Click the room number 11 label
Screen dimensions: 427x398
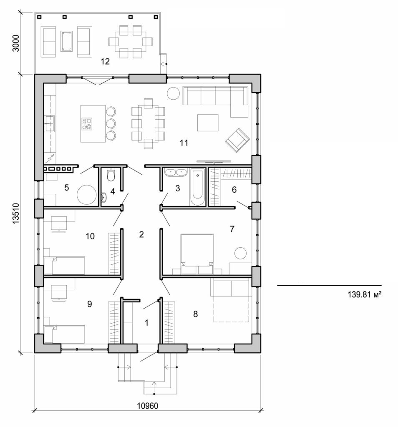[x=184, y=143]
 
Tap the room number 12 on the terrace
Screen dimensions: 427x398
[x=105, y=62]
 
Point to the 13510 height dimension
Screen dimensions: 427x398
[x=16, y=213]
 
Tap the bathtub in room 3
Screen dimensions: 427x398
[x=198, y=187]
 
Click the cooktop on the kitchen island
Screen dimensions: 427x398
[x=88, y=123]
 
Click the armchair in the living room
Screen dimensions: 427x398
[x=237, y=140]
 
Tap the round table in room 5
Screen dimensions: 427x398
[x=87, y=195]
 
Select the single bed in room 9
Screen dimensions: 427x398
[x=65, y=334]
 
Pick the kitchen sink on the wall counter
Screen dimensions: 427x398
[x=49, y=121]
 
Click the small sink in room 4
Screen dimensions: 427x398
[x=104, y=196]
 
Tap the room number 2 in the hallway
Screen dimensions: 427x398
[x=141, y=234]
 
